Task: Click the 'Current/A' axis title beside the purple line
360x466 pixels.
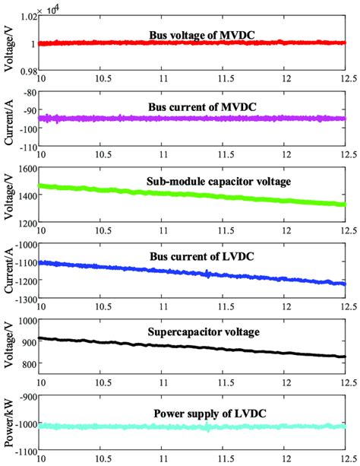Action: [9, 118]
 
